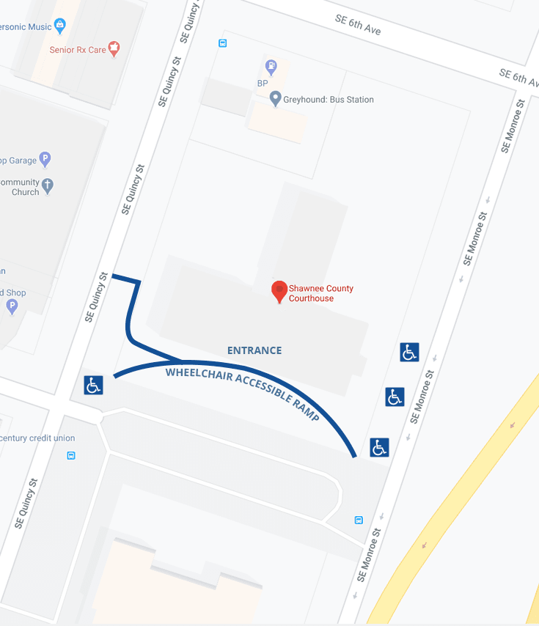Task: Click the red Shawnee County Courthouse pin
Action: (x=279, y=291)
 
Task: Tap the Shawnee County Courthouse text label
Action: (x=320, y=293)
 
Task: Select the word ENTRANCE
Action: (x=254, y=350)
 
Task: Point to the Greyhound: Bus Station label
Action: (x=330, y=100)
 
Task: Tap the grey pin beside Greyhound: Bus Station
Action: (x=276, y=98)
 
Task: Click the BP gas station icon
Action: (x=272, y=67)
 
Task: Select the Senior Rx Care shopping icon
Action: (x=114, y=49)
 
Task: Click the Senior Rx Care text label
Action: (x=77, y=50)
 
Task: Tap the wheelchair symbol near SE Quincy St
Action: (x=93, y=385)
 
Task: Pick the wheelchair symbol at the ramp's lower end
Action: (x=379, y=447)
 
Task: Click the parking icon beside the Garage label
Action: (x=45, y=158)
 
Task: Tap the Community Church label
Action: (x=22, y=187)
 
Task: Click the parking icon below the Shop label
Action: (x=11, y=306)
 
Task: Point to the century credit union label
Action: (x=38, y=438)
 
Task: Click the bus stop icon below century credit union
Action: (x=71, y=455)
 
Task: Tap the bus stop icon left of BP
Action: (x=223, y=43)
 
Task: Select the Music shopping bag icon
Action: (x=60, y=26)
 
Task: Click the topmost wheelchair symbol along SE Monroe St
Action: (x=409, y=352)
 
